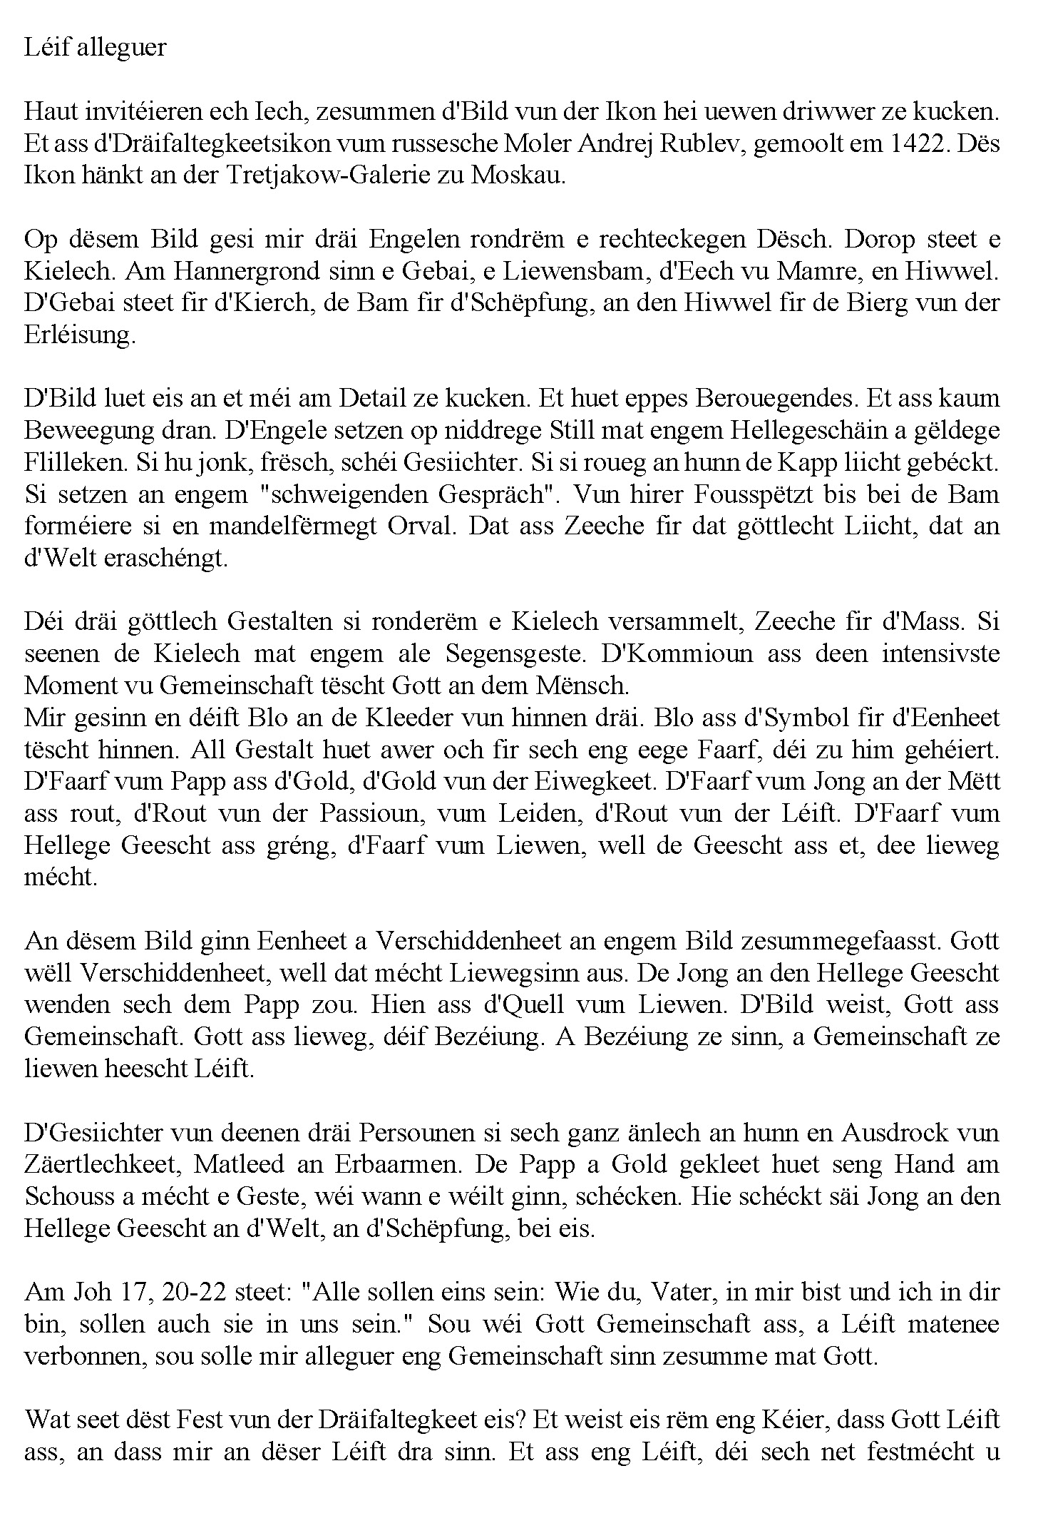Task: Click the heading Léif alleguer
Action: click(x=95, y=48)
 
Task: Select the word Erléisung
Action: click(x=79, y=335)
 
